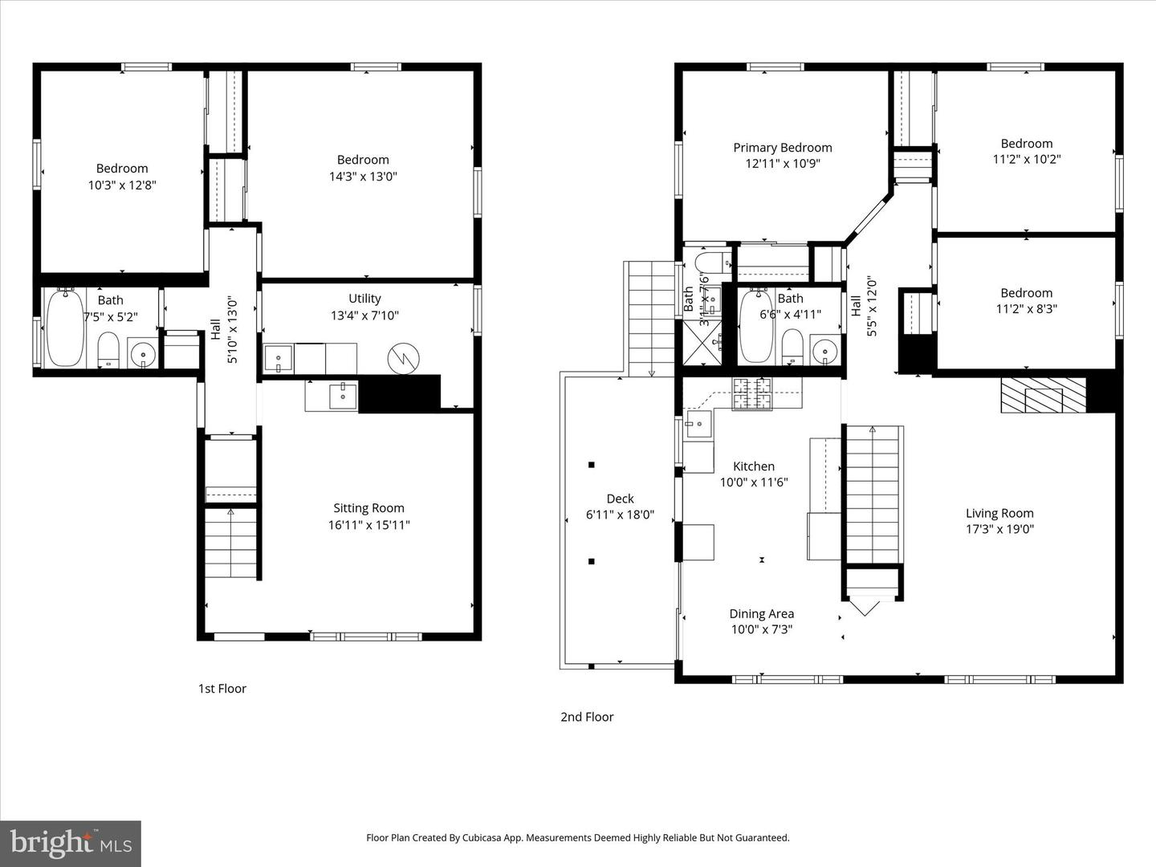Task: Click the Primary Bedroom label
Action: pos(782,148)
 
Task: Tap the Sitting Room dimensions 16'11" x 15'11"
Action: pos(368,525)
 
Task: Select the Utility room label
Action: pos(364,299)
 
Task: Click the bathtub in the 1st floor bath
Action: pos(65,329)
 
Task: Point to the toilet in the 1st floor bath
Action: pos(108,350)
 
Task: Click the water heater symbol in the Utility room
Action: pos(404,358)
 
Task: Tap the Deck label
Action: pos(620,499)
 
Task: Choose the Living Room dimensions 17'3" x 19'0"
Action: pos(999,529)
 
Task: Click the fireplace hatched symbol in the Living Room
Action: pos(1043,396)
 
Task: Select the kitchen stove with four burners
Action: pos(752,393)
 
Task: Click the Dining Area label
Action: pos(761,613)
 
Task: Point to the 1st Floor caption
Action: pos(222,689)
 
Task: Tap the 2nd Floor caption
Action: pos(587,717)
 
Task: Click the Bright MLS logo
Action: pos(71,843)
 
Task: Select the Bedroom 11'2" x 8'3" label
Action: pos(1026,293)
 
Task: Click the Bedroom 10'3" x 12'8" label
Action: pos(122,169)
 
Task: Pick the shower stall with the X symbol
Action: pos(701,343)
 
